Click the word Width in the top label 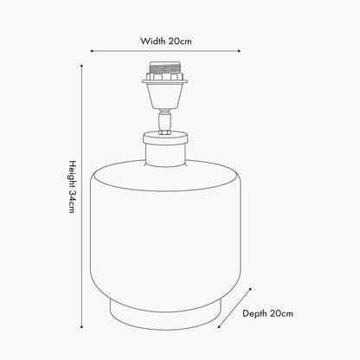click(x=153, y=41)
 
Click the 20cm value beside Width click(x=180, y=41)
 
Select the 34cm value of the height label click(x=72, y=202)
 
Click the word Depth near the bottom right click(x=255, y=313)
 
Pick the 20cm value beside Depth click(x=282, y=313)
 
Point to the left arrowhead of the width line click(x=92, y=51)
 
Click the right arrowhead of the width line click(x=239, y=51)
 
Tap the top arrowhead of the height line click(x=81, y=66)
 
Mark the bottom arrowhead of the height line click(x=81, y=327)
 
